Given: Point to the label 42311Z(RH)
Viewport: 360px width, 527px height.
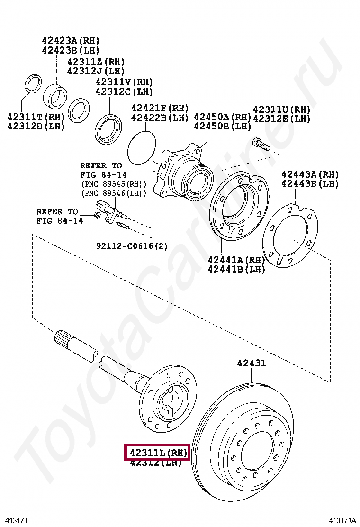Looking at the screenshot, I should [96, 62].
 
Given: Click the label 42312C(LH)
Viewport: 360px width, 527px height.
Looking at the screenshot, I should [124, 91].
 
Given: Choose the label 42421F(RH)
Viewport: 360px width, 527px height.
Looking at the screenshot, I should [160, 108].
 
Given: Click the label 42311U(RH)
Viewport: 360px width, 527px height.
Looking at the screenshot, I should [281, 109].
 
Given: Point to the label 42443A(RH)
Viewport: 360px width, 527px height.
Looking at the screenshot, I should [310, 174].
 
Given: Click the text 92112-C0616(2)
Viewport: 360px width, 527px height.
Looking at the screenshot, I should [132, 246].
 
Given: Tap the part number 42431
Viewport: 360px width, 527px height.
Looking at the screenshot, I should [252, 363].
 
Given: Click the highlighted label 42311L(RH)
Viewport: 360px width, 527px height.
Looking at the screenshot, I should [157, 453].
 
